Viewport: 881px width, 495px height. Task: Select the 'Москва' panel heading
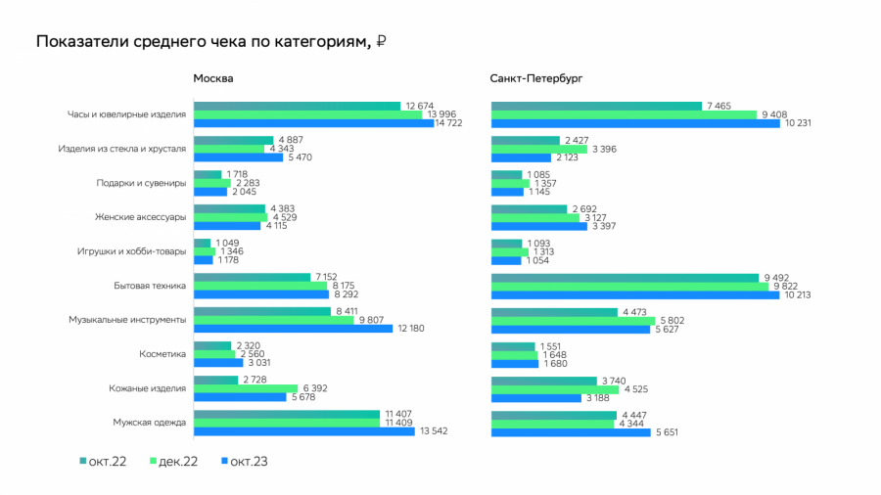point(212,78)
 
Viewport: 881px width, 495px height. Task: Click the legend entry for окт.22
point(104,461)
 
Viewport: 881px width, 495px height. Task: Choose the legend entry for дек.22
point(174,461)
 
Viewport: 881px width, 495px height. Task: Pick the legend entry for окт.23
point(246,461)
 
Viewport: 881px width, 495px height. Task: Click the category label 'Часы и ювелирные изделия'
point(126,114)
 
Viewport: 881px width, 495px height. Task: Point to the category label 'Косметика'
point(162,353)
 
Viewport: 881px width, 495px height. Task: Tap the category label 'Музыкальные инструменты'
point(127,319)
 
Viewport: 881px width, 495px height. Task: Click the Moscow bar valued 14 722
point(313,123)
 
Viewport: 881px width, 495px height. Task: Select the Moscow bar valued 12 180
point(280,328)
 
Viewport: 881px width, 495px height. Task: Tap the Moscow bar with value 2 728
point(215,379)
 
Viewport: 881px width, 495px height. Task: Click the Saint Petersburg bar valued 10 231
point(635,123)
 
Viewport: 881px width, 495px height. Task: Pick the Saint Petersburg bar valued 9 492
point(625,277)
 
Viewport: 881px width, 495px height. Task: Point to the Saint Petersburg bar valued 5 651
point(571,430)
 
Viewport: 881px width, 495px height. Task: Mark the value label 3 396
point(607,149)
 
